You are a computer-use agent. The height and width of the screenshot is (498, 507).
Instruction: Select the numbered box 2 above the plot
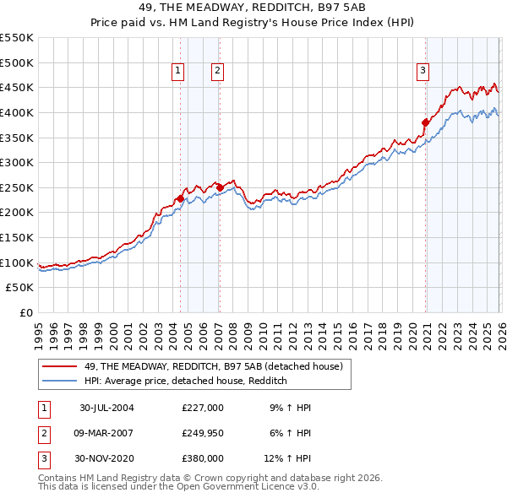point(217,72)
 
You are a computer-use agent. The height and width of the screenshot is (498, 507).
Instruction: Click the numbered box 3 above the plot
point(422,72)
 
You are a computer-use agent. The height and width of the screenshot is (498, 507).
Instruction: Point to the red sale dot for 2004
point(180,199)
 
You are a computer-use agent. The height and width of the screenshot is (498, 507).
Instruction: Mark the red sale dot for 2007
point(219,187)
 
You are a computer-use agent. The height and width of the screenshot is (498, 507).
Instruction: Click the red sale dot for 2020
point(425,122)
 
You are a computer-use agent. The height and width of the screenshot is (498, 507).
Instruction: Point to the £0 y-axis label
point(25,312)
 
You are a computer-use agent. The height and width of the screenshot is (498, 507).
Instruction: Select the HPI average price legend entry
point(186,381)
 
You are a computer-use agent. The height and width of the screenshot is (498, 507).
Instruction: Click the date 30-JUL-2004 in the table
point(106,408)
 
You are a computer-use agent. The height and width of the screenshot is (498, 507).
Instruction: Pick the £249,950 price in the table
point(203,433)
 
